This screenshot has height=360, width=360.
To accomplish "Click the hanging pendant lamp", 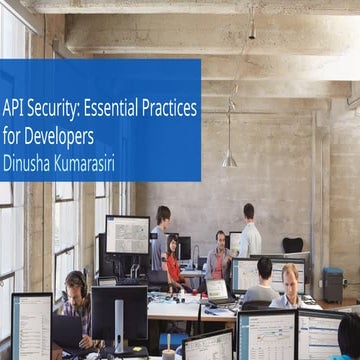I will (x=229, y=158).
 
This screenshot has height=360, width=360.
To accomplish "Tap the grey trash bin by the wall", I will (x=333, y=286).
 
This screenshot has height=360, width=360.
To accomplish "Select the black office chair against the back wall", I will (x=292, y=247).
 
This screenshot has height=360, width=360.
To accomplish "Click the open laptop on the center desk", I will (x=217, y=290).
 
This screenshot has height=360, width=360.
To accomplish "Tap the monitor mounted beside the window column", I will (x=127, y=235).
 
